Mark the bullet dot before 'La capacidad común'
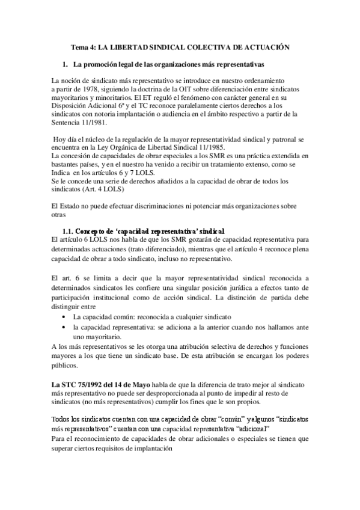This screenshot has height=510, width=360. [65, 316]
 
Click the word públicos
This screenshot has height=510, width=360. [64, 364]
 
